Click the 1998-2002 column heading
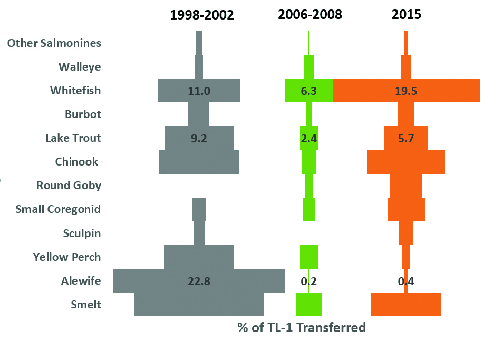coord(201,15)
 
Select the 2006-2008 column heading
coord(310,15)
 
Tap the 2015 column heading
coord(407,15)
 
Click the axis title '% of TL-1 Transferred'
coord(302,327)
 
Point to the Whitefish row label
coord(75,91)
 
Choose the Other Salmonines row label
coord(54,43)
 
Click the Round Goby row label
coord(69,186)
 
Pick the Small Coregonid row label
coord(59,209)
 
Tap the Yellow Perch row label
coord(67,257)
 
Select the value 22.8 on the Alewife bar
coord(199,281)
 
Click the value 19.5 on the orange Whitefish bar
coord(406,91)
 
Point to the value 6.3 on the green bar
coord(308,91)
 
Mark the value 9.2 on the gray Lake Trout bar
coord(199,138)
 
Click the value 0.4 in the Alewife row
coord(406,281)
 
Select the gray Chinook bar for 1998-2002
coord(199,162)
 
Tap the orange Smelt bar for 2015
coord(406,305)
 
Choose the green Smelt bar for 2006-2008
coord(308,305)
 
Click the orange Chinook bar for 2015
coord(406,162)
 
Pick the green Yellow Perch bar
coord(309,257)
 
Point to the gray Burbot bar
coord(199,114)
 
